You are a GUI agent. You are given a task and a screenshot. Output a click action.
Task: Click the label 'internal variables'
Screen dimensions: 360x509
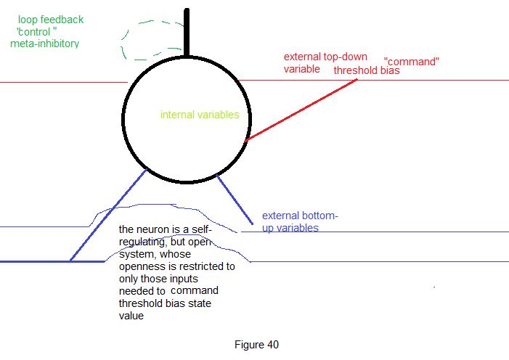click(200, 115)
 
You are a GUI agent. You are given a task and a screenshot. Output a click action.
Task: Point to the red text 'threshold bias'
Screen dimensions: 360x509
click(367, 70)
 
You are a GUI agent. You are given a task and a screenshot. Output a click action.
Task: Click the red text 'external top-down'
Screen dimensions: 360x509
click(325, 57)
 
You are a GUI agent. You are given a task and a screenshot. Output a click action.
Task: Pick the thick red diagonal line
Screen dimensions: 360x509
click(301, 109)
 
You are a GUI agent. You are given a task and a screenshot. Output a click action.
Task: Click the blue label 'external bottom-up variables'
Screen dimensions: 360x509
click(300, 221)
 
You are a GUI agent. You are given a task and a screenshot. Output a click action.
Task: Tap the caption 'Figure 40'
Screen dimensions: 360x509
click(257, 345)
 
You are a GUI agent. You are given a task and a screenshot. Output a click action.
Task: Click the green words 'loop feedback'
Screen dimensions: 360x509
click(51, 20)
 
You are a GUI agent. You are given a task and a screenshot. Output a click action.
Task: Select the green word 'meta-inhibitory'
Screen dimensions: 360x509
click(45, 44)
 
